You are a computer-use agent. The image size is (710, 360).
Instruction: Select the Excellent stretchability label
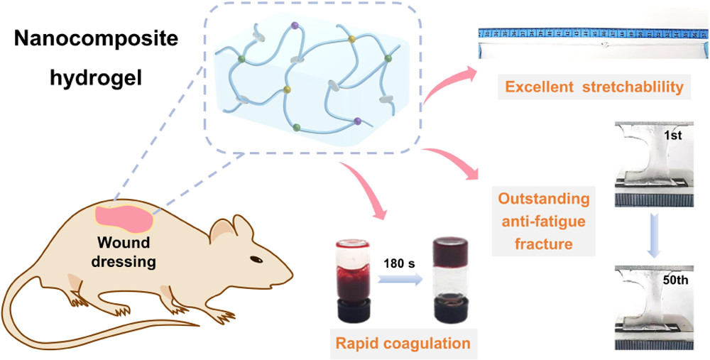[x=584, y=87]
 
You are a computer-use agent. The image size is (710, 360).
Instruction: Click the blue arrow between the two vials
[x=395, y=279]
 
